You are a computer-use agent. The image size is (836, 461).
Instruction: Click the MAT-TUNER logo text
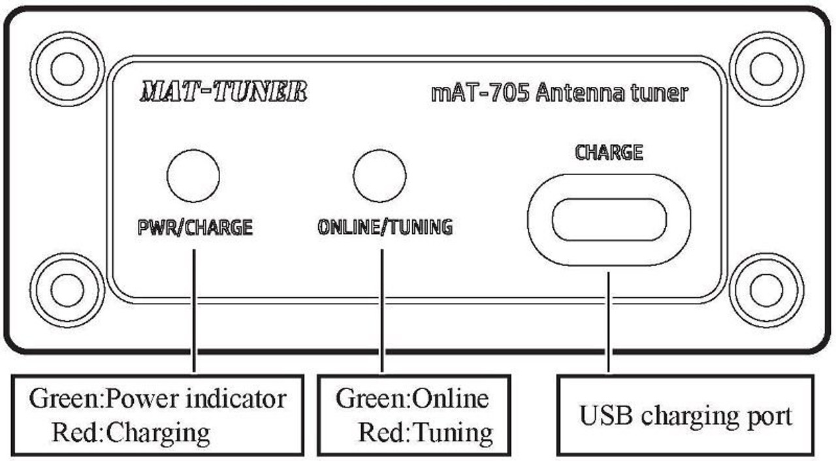point(223,92)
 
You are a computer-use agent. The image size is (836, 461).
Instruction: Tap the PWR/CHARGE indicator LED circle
point(193,176)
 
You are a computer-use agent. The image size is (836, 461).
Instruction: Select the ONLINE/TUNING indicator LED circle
point(379,176)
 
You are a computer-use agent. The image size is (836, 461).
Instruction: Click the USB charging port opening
point(609,219)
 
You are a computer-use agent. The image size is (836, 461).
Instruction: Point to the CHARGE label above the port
point(609,153)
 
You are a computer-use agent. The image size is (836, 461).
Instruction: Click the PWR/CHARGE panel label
point(195,228)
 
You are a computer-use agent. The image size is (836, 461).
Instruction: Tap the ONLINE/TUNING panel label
point(385,227)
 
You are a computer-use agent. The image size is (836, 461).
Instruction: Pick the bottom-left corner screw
point(67,291)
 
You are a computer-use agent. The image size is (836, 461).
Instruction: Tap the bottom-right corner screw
point(766,291)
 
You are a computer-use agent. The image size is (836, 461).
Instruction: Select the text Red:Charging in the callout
point(131,431)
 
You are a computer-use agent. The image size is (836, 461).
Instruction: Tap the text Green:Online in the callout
point(412,398)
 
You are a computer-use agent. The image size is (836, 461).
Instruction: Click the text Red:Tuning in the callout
point(426,431)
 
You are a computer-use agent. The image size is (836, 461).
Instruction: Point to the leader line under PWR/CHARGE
point(195,307)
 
